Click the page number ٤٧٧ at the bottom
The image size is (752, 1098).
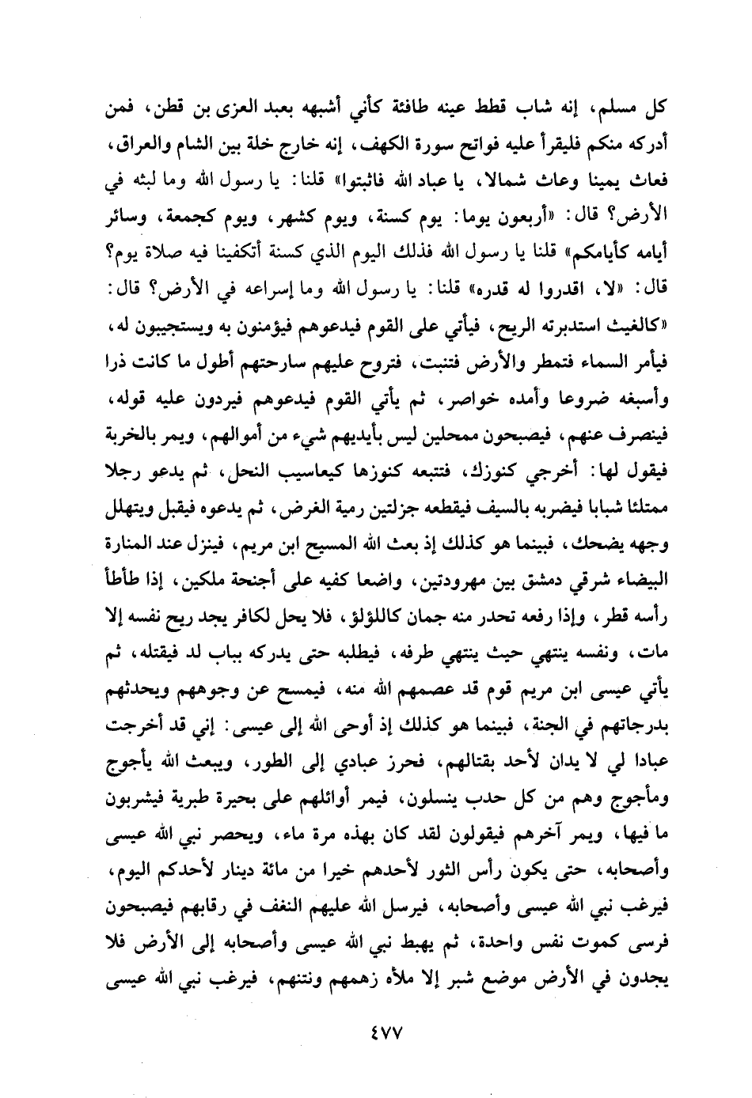pos(376,1032)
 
